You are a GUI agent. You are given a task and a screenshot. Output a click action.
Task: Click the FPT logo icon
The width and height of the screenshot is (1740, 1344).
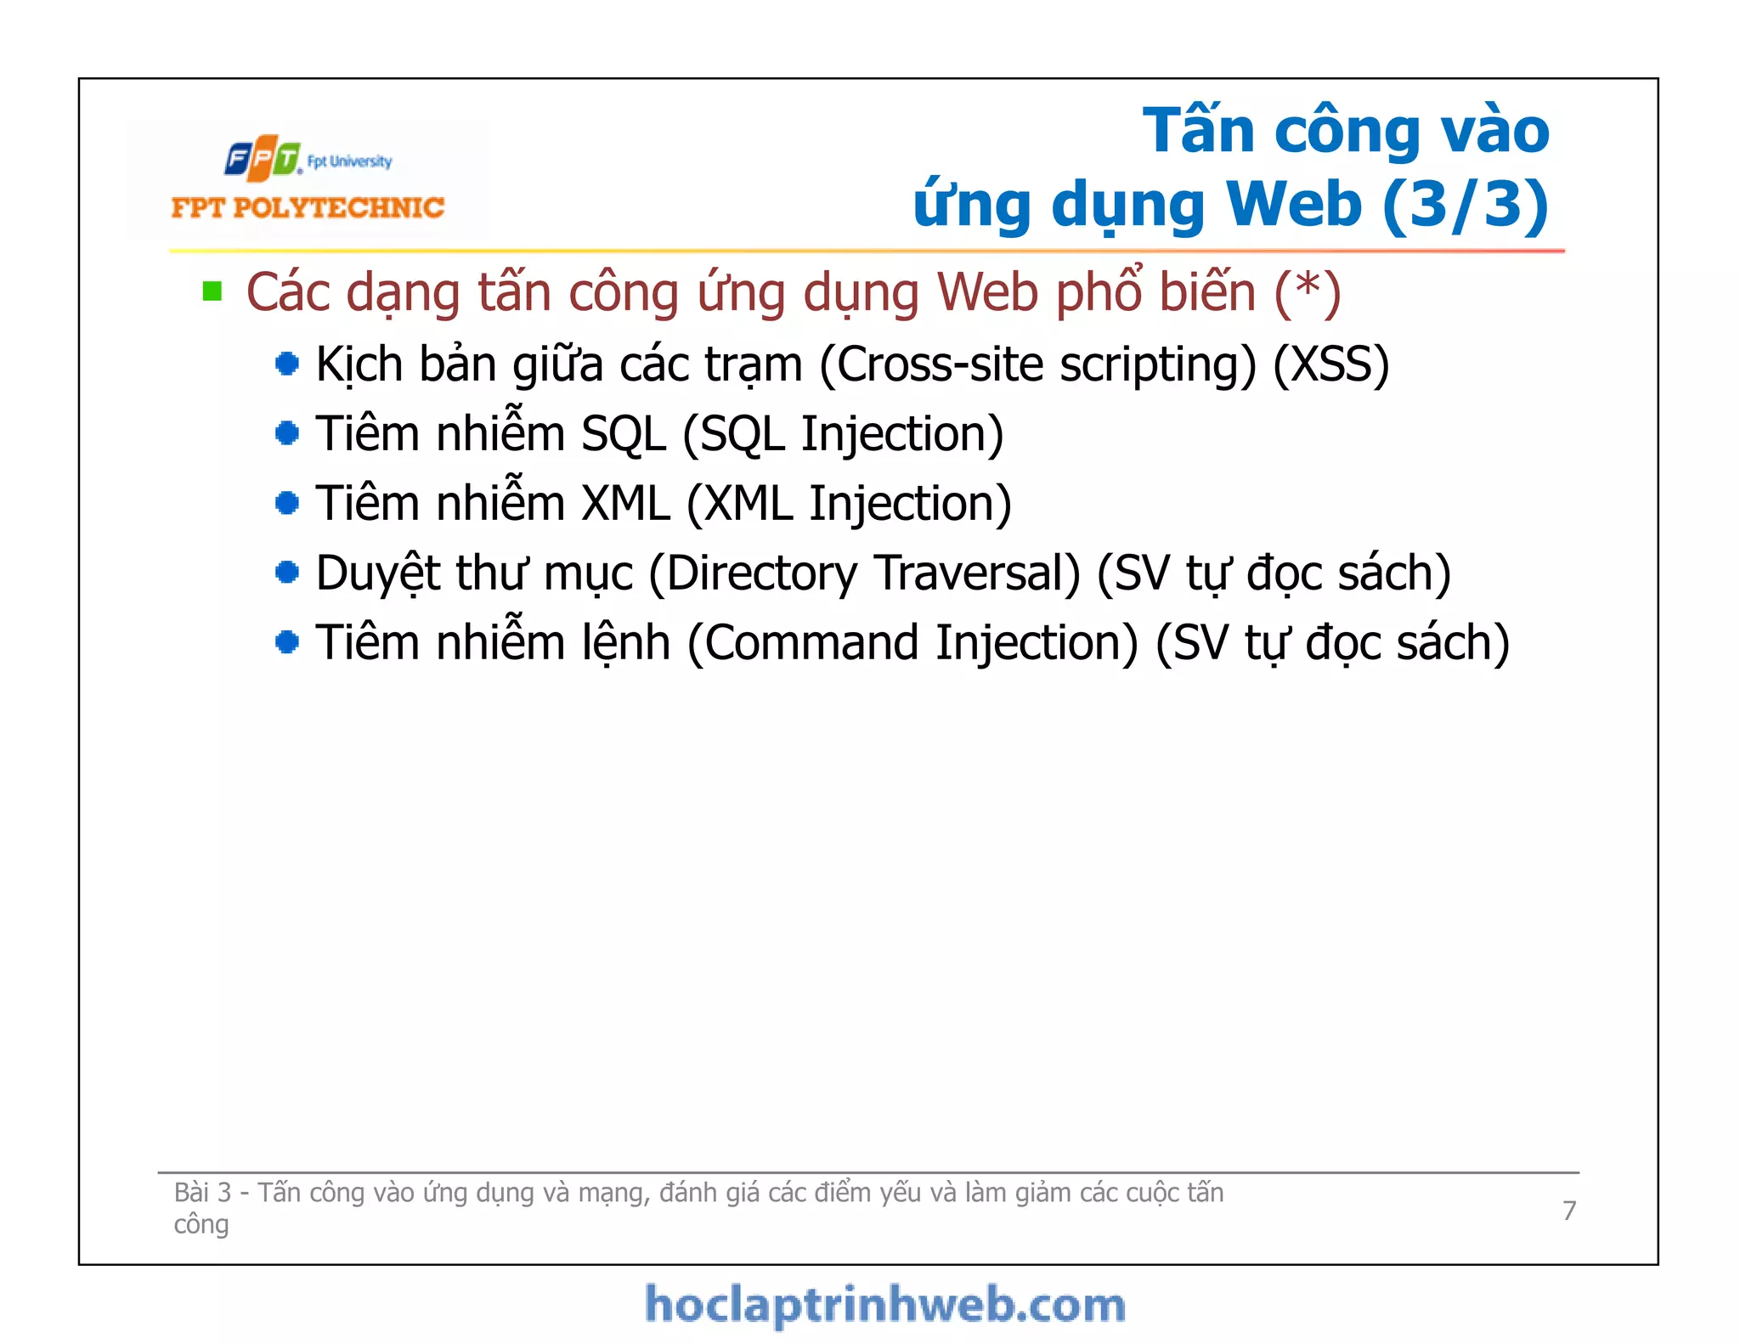coord(263,159)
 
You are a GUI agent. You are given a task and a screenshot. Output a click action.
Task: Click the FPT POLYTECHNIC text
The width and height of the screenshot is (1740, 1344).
coord(308,208)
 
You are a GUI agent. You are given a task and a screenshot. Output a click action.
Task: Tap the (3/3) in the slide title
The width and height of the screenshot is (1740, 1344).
coord(1466,205)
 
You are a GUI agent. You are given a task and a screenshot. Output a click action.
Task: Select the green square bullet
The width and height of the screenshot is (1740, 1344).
coord(212,292)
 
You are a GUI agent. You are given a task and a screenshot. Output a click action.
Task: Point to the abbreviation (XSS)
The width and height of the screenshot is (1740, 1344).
coord(1330,364)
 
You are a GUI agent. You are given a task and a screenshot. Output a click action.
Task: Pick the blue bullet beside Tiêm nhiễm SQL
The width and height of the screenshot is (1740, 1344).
coord(287,433)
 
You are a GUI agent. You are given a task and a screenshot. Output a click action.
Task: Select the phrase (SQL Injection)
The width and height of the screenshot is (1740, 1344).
coord(843,434)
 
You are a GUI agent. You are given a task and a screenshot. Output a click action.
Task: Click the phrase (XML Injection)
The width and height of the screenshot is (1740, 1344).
coord(848,503)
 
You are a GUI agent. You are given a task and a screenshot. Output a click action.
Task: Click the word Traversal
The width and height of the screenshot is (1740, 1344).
coord(977,573)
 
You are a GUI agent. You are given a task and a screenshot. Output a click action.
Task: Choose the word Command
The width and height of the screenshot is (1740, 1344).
coord(812,643)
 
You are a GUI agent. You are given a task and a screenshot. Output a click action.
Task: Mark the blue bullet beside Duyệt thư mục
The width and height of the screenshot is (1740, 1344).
coord(287,573)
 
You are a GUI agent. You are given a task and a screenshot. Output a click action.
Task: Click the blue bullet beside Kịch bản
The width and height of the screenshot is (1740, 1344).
coord(287,364)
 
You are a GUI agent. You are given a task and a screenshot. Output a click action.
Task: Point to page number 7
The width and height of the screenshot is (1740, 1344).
coord(1569,1210)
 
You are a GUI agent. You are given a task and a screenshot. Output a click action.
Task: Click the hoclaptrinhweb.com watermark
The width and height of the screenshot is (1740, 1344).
coord(884,1305)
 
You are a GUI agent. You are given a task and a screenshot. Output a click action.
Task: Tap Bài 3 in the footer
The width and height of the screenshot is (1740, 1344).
coord(202,1193)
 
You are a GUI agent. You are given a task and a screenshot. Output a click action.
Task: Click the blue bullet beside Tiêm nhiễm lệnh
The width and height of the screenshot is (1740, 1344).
coord(287,642)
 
